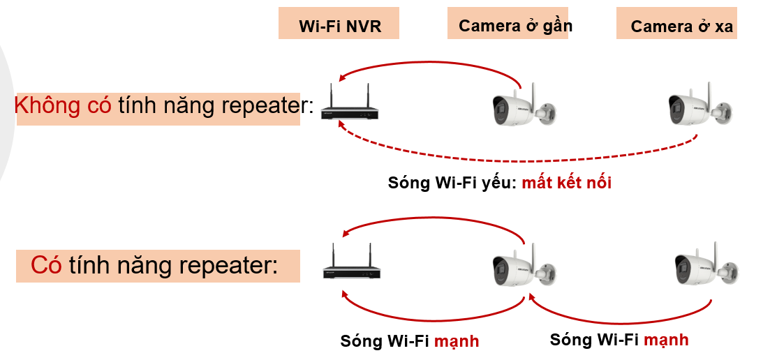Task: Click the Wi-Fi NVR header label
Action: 339,27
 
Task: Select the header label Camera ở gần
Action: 515,26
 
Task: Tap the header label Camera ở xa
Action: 681,27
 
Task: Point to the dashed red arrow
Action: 517,160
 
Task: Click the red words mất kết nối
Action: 566,183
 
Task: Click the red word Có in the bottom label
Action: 46,265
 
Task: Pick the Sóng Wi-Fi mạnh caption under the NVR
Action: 409,341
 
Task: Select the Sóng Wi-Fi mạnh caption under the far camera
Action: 619,340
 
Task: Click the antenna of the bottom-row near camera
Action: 533,254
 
